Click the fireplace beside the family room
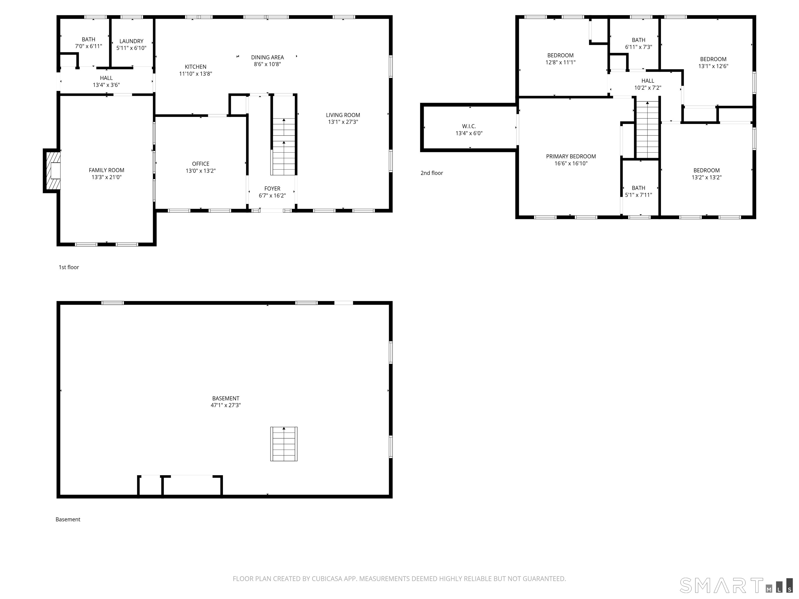pyautogui.click(x=52, y=171)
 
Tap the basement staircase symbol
pyautogui.click(x=284, y=444)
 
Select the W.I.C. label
pyautogui.click(x=469, y=126)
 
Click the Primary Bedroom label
pyautogui.click(x=571, y=156)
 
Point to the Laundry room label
pyautogui.click(x=132, y=41)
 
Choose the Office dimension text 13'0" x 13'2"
pyautogui.click(x=201, y=171)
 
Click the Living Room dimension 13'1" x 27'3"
pyautogui.click(x=343, y=122)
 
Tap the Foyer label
pyautogui.click(x=272, y=188)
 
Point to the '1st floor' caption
pyautogui.click(x=69, y=267)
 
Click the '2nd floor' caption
pyautogui.click(x=432, y=173)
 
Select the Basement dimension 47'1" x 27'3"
pyautogui.click(x=226, y=405)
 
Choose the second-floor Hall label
pyautogui.click(x=648, y=81)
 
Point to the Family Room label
pyautogui.click(x=107, y=170)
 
